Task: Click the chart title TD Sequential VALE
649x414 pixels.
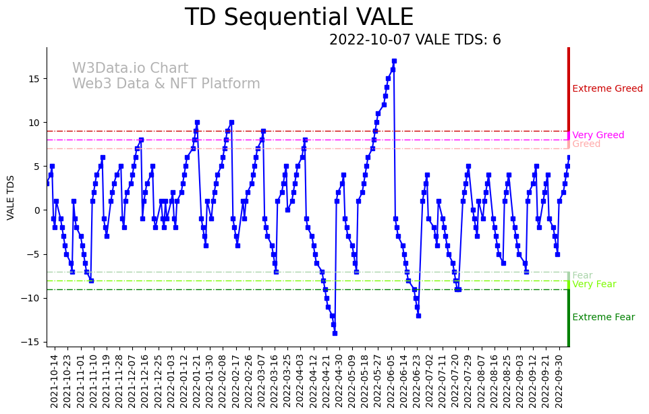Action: click(x=299, y=18)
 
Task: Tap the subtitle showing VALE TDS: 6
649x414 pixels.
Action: click(x=415, y=40)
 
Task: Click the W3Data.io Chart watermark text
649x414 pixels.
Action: click(x=130, y=69)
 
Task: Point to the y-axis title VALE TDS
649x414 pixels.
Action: click(x=11, y=197)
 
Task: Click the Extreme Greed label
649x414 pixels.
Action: click(x=607, y=89)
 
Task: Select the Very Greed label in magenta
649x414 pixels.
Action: click(x=598, y=136)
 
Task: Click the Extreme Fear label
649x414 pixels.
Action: click(x=603, y=318)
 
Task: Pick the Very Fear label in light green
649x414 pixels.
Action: click(x=594, y=285)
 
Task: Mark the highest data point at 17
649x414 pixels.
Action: click(x=394, y=61)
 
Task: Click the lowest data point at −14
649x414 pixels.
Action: click(x=334, y=333)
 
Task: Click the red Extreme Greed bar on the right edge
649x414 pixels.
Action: click(x=569, y=88)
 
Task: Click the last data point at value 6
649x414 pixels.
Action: click(x=569, y=158)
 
